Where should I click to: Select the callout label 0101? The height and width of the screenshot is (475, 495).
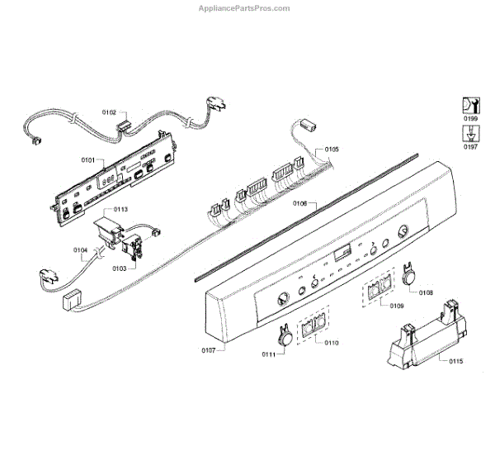click(87, 159)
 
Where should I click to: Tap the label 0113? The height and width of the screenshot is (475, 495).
click(120, 209)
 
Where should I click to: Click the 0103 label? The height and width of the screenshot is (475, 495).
click(119, 268)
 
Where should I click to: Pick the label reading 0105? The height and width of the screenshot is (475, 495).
click(331, 149)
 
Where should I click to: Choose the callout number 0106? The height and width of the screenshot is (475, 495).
click(299, 203)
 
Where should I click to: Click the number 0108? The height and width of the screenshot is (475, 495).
click(426, 292)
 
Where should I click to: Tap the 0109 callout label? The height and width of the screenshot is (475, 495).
click(396, 306)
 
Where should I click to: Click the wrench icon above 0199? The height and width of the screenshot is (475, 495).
click(469, 106)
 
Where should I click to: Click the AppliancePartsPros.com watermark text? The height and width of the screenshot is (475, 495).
click(245, 8)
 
